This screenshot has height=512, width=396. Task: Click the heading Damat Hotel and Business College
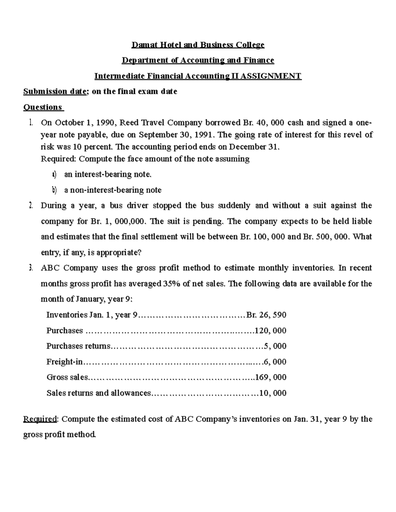(198, 45)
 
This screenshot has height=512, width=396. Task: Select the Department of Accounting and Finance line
(198, 60)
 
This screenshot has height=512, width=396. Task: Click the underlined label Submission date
(54, 92)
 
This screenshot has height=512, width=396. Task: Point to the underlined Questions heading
(43, 107)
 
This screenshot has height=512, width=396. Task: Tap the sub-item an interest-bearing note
(108, 174)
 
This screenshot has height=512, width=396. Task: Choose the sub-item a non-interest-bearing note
(113, 190)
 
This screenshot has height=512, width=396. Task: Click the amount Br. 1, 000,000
(118, 221)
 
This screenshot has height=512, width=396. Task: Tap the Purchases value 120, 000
(270, 331)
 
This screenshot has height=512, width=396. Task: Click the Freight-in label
(64, 362)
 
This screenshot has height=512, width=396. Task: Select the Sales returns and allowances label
(98, 393)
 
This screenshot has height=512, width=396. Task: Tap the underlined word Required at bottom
(40, 419)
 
